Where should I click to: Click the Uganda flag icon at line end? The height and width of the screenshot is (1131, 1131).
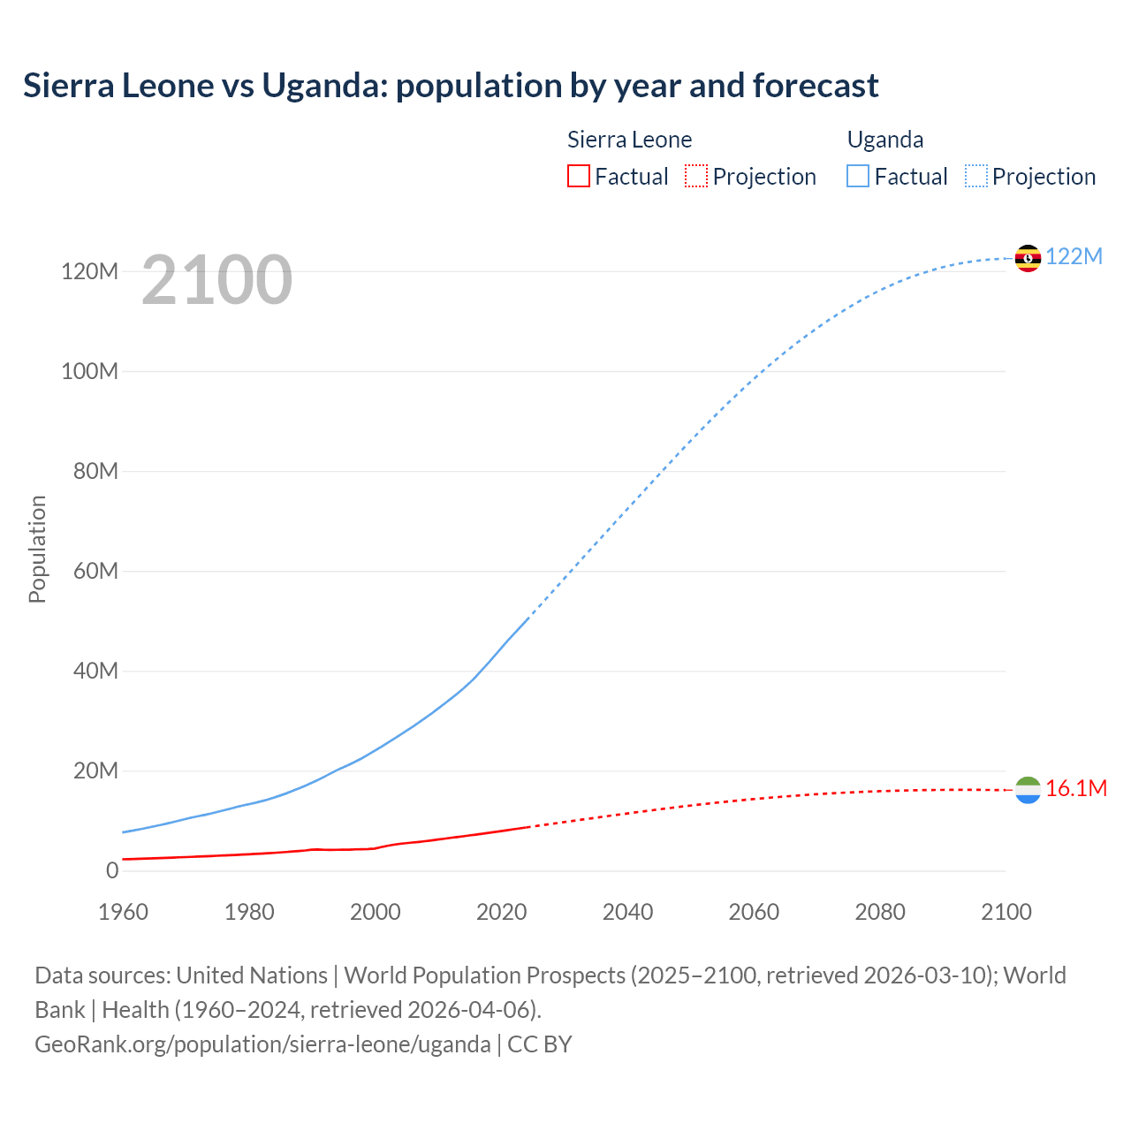pyautogui.click(x=1028, y=258)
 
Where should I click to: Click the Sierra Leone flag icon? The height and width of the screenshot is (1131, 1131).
pyautogui.click(x=1028, y=790)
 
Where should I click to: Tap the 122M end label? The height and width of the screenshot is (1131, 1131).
pyautogui.click(x=1074, y=256)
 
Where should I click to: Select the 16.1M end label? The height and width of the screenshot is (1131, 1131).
pyautogui.click(x=1075, y=789)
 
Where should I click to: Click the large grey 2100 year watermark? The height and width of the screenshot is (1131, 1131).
pyautogui.click(x=216, y=280)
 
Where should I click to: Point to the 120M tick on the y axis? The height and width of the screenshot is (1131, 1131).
pyautogui.click(x=89, y=271)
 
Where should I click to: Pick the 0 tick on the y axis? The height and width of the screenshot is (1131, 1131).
pyautogui.click(x=111, y=870)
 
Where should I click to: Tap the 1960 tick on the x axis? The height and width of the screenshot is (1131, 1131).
pyautogui.click(x=123, y=912)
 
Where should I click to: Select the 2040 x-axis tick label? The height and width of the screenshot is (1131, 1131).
pyautogui.click(x=627, y=912)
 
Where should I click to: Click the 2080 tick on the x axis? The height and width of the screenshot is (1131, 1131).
pyautogui.click(x=880, y=912)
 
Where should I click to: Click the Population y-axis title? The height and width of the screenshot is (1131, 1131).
pyautogui.click(x=37, y=549)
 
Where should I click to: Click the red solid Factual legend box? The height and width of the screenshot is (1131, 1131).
pyautogui.click(x=578, y=177)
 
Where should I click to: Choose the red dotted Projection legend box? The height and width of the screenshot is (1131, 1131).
pyautogui.click(x=696, y=177)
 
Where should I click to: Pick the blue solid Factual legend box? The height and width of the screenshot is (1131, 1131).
pyautogui.click(x=858, y=177)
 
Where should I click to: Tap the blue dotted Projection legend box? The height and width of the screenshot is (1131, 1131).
pyautogui.click(x=976, y=177)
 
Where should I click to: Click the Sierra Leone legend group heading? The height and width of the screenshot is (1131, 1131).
pyautogui.click(x=629, y=140)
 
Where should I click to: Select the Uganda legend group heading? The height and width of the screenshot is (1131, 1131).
pyautogui.click(x=885, y=140)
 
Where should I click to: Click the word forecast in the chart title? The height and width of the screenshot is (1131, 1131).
pyautogui.click(x=815, y=86)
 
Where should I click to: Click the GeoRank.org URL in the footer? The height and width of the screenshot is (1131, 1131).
pyautogui.click(x=262, y=1044)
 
